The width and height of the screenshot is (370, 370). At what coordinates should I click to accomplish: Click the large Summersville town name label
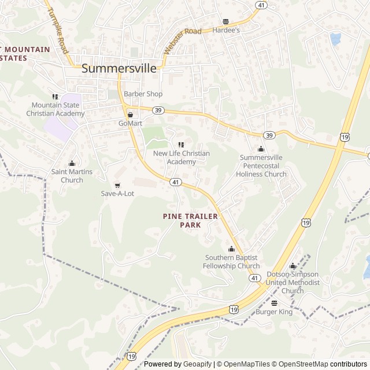click(119, 68)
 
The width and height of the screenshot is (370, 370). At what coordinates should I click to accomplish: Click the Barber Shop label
click(143, 94)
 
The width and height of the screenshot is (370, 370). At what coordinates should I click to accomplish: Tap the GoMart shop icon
click(130, 114)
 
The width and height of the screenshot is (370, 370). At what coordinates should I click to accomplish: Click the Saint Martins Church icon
click(72, 164)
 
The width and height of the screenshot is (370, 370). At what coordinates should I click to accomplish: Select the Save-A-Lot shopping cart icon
click(117, 186)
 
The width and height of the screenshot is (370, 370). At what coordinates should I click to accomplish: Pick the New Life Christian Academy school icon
click(181, 145)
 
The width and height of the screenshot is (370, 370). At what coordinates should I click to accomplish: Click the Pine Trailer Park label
click(190, 220)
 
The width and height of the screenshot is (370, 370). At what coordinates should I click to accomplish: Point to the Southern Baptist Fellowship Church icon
click(231, 249)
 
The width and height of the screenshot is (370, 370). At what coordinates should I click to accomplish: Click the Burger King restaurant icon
click(274, 303)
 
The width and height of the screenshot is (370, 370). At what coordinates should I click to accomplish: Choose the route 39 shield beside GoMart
click(158, 110)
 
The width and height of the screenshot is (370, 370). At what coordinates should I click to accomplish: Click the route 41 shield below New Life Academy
click(175, 182)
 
